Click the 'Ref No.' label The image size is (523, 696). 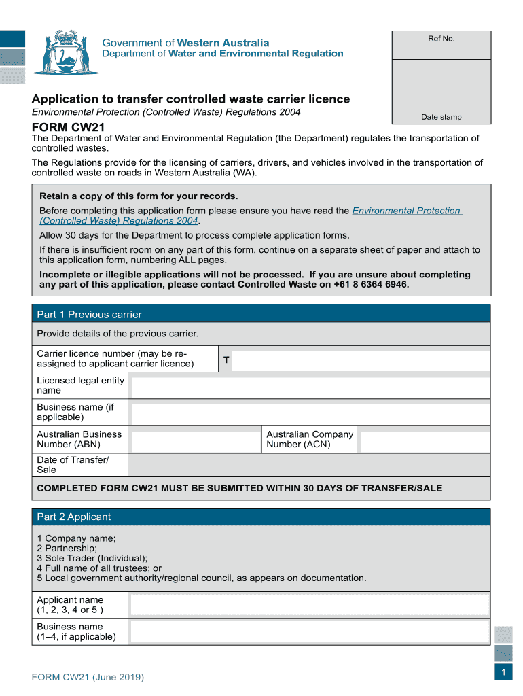[441, 39]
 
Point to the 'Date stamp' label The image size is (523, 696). [441, 117]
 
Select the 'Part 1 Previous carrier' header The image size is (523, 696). [89, 315]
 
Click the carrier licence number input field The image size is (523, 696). [360, 360]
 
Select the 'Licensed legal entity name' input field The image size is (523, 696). [310, 387]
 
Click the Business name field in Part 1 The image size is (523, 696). [310, 414]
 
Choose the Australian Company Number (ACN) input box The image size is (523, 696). [425, 440]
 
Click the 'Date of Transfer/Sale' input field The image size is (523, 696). [308, 466]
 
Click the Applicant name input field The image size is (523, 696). [309, 605]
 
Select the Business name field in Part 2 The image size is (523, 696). [309, 632]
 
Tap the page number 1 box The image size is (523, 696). [503, 672]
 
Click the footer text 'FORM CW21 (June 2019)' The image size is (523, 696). [88, 678]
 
